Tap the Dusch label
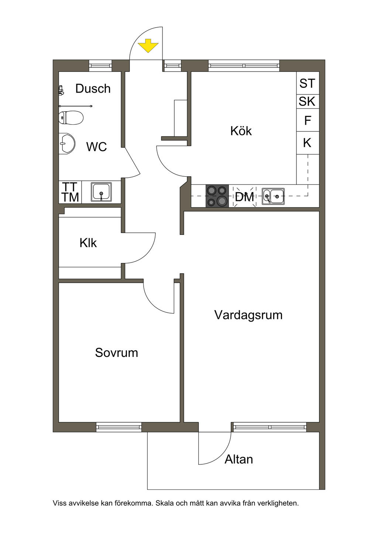93,89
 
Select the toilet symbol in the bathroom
71,118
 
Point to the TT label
70,187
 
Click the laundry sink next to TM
102,192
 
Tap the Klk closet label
88,243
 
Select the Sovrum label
117,353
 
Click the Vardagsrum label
248,315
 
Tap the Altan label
239,459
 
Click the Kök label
241,131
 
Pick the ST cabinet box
307,84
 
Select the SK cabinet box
307,101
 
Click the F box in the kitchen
307,120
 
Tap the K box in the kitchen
307,143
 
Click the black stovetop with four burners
217,196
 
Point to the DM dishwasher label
245,197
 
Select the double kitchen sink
273,196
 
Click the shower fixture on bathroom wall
61,90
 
